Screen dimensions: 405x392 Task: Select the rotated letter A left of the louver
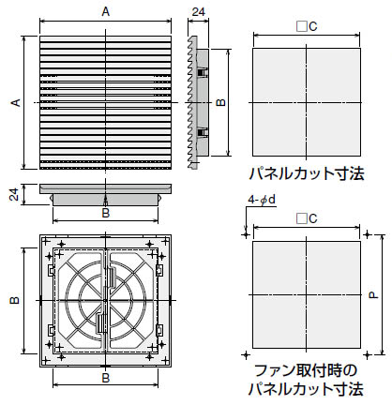(14, 103)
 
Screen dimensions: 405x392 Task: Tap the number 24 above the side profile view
(196, 12)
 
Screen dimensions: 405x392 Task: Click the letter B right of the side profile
(220, 102)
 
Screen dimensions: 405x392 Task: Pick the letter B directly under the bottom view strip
(106, 213)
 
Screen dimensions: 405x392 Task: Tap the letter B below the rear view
(106, 377)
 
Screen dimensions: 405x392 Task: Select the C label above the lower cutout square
(307, 218)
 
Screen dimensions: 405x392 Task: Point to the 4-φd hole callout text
(262, 201)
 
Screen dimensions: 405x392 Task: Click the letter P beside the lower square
(373, 295)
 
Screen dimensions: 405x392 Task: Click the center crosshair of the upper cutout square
(307, 102)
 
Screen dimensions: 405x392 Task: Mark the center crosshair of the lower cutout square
(307, 295)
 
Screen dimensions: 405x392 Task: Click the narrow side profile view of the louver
(195, 103)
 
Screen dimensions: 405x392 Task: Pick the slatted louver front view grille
(105, 103)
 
